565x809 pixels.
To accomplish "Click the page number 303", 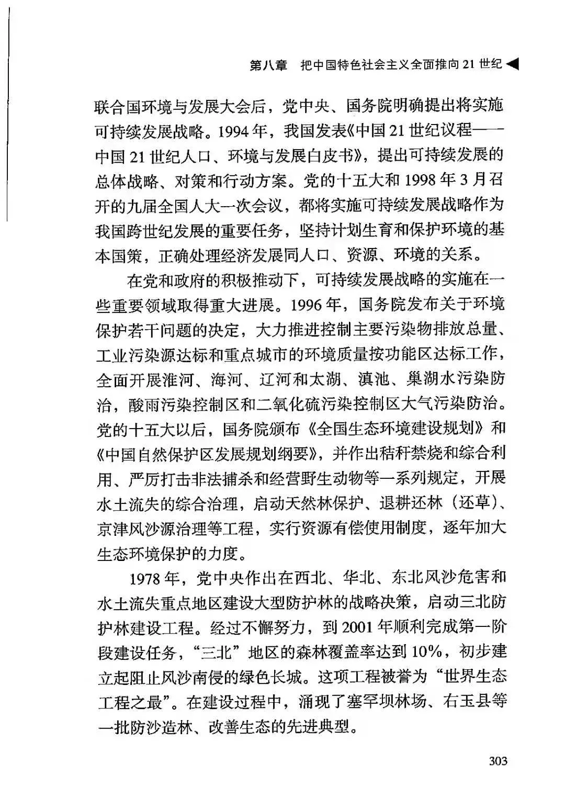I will [498, 761].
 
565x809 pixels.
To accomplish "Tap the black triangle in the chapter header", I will [513, 64].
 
